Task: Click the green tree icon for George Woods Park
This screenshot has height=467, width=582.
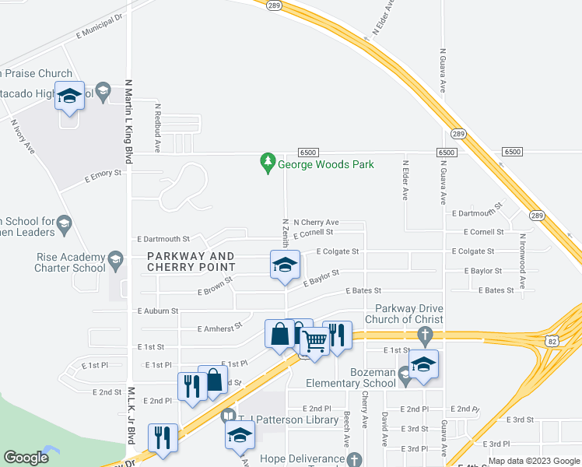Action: point(268,163)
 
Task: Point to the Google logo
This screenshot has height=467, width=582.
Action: point(26,458)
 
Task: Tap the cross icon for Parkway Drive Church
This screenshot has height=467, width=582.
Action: point(424,336)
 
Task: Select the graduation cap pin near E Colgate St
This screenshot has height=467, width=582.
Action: point(285,265)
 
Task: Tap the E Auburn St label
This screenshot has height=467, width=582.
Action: point(158,310)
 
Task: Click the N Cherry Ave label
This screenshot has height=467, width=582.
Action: point(316,222)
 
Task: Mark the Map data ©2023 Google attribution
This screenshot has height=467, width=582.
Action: point(533,461)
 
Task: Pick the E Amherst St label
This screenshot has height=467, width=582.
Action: point(219,328)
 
